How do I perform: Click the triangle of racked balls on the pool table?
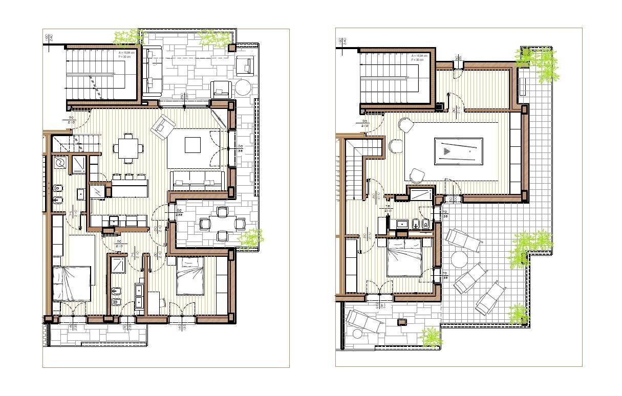[x=447, y=151]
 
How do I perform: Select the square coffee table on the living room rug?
[x=192, y=145]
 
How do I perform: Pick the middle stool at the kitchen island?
[x=129, y=177]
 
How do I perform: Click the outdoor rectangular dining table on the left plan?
[x=222, y=223]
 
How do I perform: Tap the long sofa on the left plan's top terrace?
[x=152, y=71]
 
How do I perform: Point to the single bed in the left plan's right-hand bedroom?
[x=189, y=276]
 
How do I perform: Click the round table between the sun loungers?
[x=459, y=259]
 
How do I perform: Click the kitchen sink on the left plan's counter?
[x=114, y=221]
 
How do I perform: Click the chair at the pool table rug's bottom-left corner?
[x=417, y=175]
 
